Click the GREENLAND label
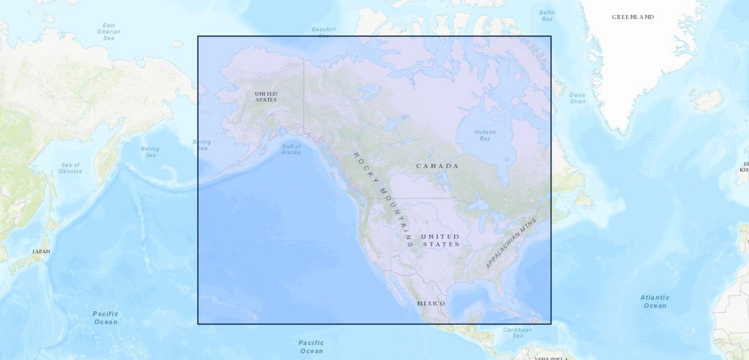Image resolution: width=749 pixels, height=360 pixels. click(x=633, y=17)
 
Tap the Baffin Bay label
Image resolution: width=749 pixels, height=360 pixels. click(x=547, y=16)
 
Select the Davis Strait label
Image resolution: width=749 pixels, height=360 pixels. click(x=577, y=98)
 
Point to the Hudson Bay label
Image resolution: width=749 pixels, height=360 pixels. click(x=485, y=135)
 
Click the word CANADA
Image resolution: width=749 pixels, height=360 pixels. click(x=438, y=166)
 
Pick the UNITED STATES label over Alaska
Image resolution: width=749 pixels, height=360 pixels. click(x=266, y=97)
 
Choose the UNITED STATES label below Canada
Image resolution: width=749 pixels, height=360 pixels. click(x=441, y=240)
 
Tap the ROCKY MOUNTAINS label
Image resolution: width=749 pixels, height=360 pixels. click(x=382, y=199)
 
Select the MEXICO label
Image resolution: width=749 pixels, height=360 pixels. click(x=431, y=304)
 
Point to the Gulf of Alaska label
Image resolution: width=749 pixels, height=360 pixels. click(x=291, y=149)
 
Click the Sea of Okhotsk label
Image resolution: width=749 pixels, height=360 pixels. click(x=70, y=168)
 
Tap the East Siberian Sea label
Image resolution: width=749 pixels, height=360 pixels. click(x=109, y=31)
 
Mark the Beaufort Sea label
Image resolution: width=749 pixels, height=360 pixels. click(x=323, y=32)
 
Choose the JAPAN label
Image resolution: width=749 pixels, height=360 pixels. click(x=41, y=251)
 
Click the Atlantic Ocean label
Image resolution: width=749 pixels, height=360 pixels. click(x=655, y=301)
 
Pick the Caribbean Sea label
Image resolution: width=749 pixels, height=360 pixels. click(x=517, y=332)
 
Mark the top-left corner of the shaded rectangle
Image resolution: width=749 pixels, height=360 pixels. click(x=198, y=36)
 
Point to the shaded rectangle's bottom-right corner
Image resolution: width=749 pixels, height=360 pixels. click(x=551, y=324)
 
